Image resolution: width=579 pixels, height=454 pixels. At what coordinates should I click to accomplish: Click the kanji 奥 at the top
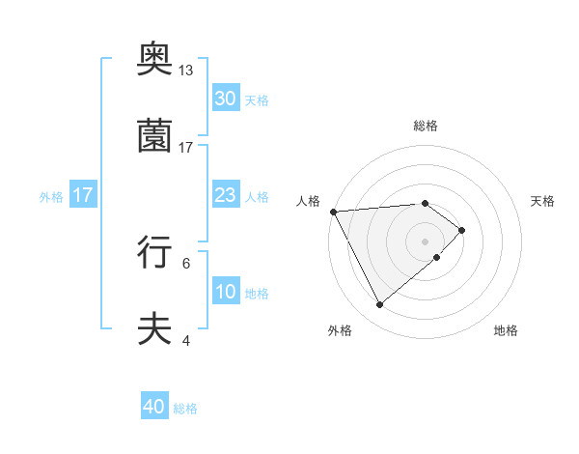155,62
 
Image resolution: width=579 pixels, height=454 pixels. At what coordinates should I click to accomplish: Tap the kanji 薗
155,137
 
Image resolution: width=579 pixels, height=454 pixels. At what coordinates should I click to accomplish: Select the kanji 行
155,252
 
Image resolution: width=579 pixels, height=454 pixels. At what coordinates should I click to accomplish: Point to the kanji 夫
155,328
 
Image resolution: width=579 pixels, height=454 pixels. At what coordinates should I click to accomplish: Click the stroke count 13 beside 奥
186,71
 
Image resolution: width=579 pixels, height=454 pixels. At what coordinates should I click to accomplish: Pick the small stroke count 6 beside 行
186,262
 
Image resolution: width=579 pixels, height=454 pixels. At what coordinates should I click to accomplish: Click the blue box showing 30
226,99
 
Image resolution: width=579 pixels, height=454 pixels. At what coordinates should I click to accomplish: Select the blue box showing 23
226,195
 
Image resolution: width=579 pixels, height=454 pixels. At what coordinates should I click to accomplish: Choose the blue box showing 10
226,292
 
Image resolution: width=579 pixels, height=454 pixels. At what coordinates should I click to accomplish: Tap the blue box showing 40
154,407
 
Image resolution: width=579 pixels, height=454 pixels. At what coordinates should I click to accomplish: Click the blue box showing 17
83,195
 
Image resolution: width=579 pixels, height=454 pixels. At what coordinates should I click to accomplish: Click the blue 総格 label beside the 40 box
185,409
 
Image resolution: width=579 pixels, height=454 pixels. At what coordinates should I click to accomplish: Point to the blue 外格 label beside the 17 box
51,197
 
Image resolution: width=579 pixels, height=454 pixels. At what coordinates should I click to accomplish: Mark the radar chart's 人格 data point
332,212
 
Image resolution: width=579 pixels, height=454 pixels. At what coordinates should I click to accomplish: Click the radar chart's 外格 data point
379,305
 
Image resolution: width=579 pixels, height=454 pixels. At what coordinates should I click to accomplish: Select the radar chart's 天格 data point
462,230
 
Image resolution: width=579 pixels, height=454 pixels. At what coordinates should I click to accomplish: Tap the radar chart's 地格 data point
437,257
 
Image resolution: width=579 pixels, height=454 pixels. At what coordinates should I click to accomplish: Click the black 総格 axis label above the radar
426,126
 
